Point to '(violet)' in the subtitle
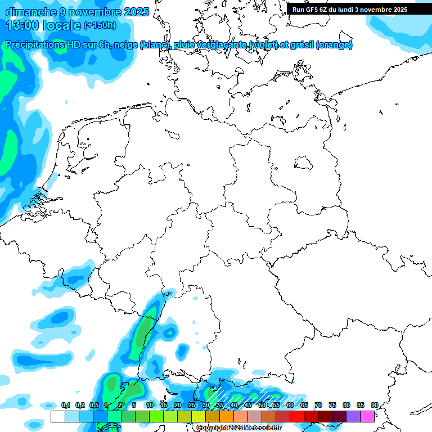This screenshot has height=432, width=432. (x=270, y=45)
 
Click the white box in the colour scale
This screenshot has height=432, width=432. (x=57, y=417)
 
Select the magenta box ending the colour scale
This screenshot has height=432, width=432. (x=367, y=417)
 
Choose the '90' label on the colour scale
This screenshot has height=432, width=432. (x=374, y=406)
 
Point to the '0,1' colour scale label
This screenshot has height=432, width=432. (x=65, y=406)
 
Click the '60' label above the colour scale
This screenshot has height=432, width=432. (x=290, y=406)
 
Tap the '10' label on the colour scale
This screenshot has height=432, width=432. (x=149, y=406)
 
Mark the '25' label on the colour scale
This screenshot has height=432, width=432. (x=191, y=406)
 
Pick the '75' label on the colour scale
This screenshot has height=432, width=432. (x=332, y=406)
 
